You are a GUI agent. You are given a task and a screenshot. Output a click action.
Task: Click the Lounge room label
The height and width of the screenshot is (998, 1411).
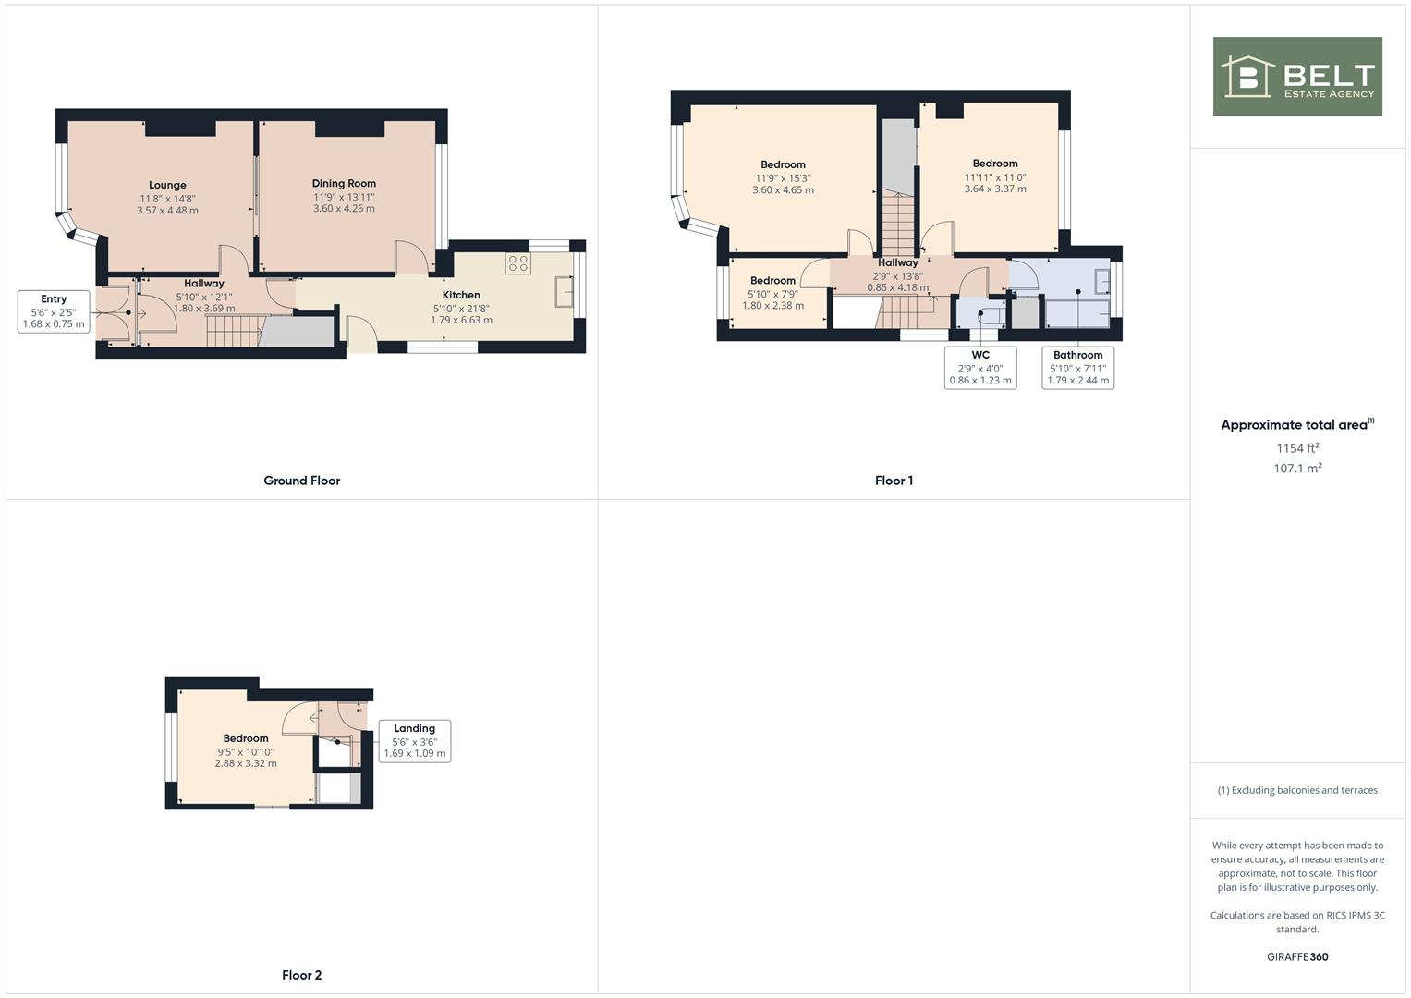tap(167, 185)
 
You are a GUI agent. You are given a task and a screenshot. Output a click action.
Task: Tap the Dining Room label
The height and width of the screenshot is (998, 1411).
tap(344, 183)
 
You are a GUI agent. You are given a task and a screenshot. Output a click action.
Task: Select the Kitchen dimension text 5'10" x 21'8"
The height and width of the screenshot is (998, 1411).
tap(461, 309)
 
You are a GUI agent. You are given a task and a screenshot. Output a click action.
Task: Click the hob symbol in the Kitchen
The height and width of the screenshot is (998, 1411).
tap(517, 263)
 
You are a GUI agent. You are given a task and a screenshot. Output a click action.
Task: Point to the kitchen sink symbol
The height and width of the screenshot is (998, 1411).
tap(564, 292)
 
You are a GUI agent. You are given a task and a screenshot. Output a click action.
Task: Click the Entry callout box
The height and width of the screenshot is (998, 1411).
tap(54, 311)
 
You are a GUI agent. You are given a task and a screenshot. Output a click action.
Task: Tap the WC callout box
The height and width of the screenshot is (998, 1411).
tap(980, 368)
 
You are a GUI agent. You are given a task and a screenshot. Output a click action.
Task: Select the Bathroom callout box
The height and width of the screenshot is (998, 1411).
tap(1077, 368)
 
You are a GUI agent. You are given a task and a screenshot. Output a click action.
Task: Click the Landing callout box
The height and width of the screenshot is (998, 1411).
tap(414, 741)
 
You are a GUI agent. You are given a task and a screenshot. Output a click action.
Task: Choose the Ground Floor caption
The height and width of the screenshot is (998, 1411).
tap(302, 481)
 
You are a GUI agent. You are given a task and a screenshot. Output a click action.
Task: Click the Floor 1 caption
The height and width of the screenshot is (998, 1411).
tap(894, 481)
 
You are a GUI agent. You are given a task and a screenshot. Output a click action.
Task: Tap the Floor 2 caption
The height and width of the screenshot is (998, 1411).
tap(302, 975)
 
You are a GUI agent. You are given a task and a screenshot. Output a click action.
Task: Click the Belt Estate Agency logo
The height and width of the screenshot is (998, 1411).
tap(1297, 77)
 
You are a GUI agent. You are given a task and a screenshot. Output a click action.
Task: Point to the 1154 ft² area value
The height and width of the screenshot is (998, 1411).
tap(1297, 448)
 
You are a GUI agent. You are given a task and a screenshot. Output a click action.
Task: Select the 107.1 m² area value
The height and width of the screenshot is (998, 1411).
tap(1297, 469)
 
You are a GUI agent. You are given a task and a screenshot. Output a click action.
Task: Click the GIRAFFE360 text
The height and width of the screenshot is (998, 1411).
tap(1297, 957)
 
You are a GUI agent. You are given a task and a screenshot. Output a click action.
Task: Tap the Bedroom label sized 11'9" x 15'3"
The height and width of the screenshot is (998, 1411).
tap(783, 164)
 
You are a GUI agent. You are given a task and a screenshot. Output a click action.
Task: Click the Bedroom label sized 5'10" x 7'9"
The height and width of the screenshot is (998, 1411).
tap(772, 281)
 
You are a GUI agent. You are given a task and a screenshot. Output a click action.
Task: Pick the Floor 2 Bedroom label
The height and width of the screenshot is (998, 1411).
tap(246, 738)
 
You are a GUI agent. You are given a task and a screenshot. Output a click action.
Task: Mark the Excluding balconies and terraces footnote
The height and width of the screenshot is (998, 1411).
tap(1297, 790)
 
